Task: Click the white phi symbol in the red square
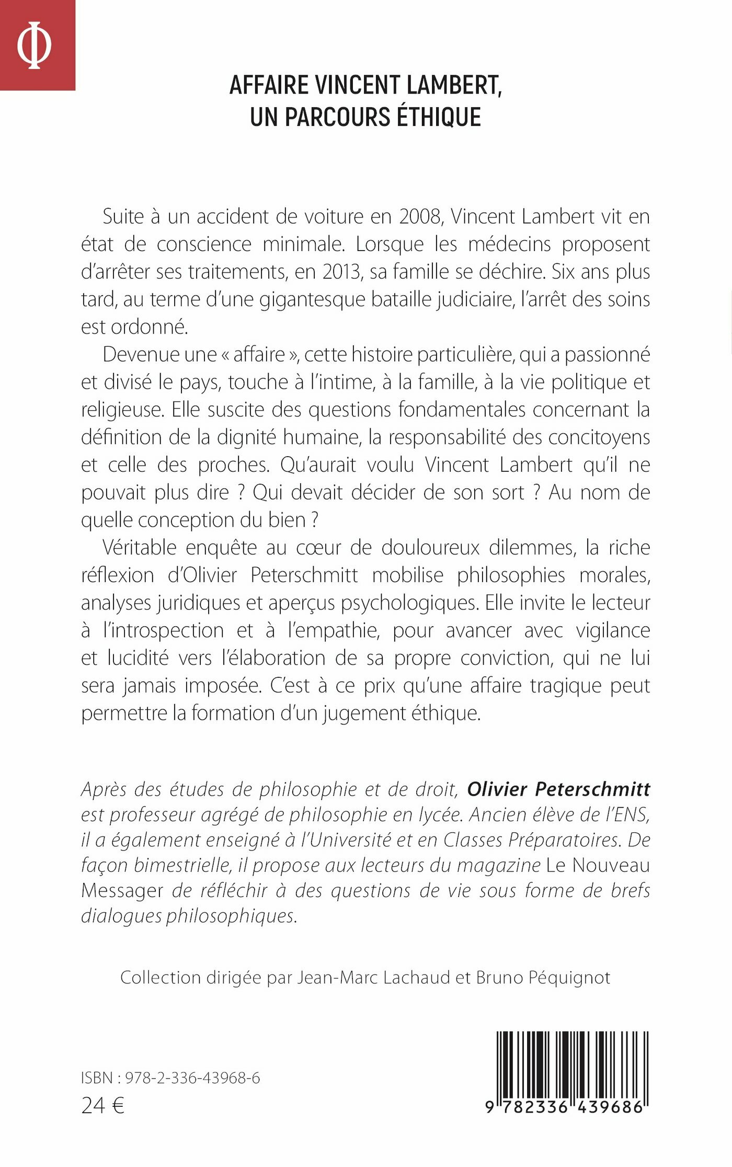pos(34,45)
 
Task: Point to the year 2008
pos(419,217)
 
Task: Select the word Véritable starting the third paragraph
pos(140,548)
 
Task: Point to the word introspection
pos(163,630)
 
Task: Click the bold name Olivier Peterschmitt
pos(558,789)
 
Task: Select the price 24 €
pos(103,1105)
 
